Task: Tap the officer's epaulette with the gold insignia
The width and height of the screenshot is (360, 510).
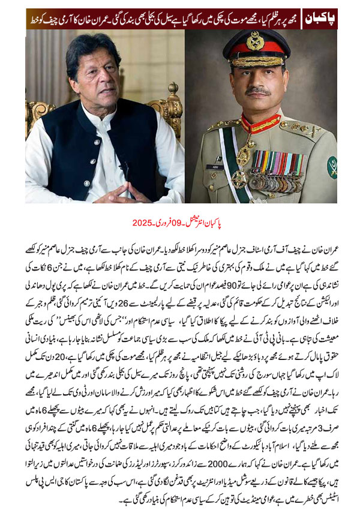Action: coord(300,127)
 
